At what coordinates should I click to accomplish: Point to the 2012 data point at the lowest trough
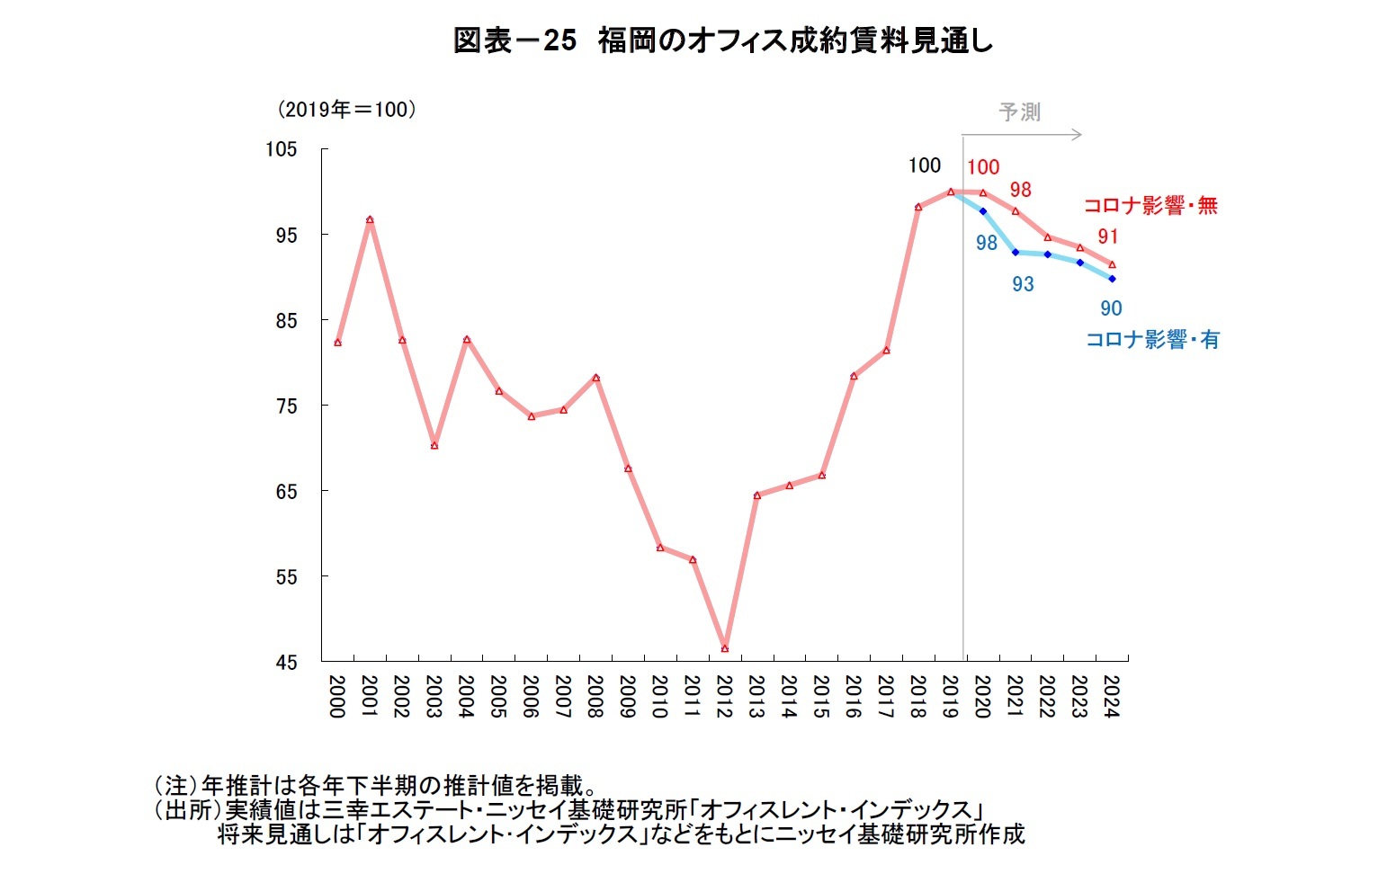click(725, 648)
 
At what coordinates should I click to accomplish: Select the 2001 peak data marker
click(370, 219)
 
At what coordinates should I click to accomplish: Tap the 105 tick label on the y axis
click(281, 149)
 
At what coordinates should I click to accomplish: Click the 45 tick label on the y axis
click(286, 663)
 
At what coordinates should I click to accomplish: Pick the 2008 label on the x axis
click(595, 697)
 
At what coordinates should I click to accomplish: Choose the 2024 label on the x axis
click(1111, 697)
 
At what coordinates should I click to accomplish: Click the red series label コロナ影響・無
click(1150, 206)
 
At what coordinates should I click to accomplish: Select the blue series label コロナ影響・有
click(1152, 340)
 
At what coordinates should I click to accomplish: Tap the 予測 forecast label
click(1019, 112)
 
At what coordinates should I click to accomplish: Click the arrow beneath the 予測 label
click(1022, 136)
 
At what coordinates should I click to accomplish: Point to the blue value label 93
click(1023, 284)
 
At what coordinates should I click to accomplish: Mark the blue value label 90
click(1111, 308)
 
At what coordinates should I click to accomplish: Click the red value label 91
click(1107, 236)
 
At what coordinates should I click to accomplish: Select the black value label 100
click(924, 165)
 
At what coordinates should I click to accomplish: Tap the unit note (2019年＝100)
click(346, 110)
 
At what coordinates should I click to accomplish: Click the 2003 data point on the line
click(434, 445)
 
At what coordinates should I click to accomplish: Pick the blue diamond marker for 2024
click(1113, 279)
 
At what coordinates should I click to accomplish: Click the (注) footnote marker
click(176, 785)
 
